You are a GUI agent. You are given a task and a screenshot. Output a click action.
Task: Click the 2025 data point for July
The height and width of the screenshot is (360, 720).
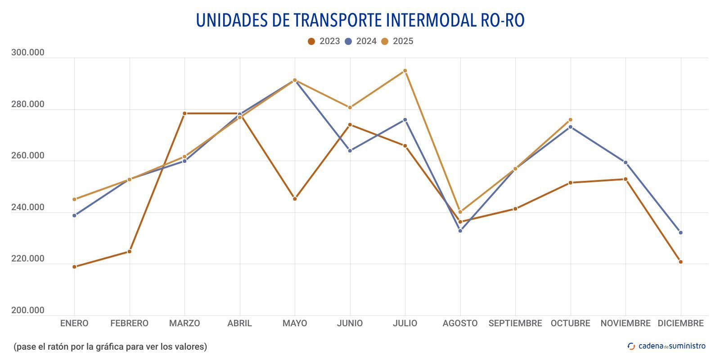(405, 71)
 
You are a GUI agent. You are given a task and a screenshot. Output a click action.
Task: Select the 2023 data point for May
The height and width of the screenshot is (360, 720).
(295, 199)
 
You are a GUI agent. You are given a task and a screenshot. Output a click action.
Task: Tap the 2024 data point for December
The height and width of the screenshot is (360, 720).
(680, 233)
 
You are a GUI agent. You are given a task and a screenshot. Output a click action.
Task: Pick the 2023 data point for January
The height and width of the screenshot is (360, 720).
(74, 267)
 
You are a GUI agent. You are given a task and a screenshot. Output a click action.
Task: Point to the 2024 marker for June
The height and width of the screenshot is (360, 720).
(350, 151)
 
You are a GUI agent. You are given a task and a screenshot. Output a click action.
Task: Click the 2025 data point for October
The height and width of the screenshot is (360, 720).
(570, 120)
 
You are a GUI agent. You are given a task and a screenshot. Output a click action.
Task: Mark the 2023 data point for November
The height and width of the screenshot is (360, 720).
(625, 179)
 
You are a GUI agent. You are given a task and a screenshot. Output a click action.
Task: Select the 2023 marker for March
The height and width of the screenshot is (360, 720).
(184, 113)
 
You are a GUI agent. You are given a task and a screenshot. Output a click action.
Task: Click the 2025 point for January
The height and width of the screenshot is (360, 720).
(74, 199)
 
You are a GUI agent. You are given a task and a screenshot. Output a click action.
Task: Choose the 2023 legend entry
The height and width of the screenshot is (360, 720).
(324, 41)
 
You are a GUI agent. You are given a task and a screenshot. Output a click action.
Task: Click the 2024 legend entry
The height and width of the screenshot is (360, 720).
(360, 41)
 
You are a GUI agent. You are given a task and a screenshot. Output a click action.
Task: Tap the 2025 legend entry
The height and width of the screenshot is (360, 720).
(397, 41)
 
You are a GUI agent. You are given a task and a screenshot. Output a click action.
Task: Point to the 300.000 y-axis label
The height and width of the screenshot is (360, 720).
(28, 53)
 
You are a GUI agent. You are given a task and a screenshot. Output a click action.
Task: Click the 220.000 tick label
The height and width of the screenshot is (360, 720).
(28, 259)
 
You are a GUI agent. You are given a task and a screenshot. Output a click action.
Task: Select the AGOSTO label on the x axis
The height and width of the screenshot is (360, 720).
(460, 323)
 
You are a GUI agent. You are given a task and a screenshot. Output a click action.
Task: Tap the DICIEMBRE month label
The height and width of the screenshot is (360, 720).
(680, 323)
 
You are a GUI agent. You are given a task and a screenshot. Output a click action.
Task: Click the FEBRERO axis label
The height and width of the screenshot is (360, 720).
(129, 323)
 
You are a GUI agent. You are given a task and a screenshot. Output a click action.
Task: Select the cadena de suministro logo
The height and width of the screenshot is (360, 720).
(666, 346)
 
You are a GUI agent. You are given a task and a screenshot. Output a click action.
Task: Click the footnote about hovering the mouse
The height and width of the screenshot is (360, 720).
(110, 346)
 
